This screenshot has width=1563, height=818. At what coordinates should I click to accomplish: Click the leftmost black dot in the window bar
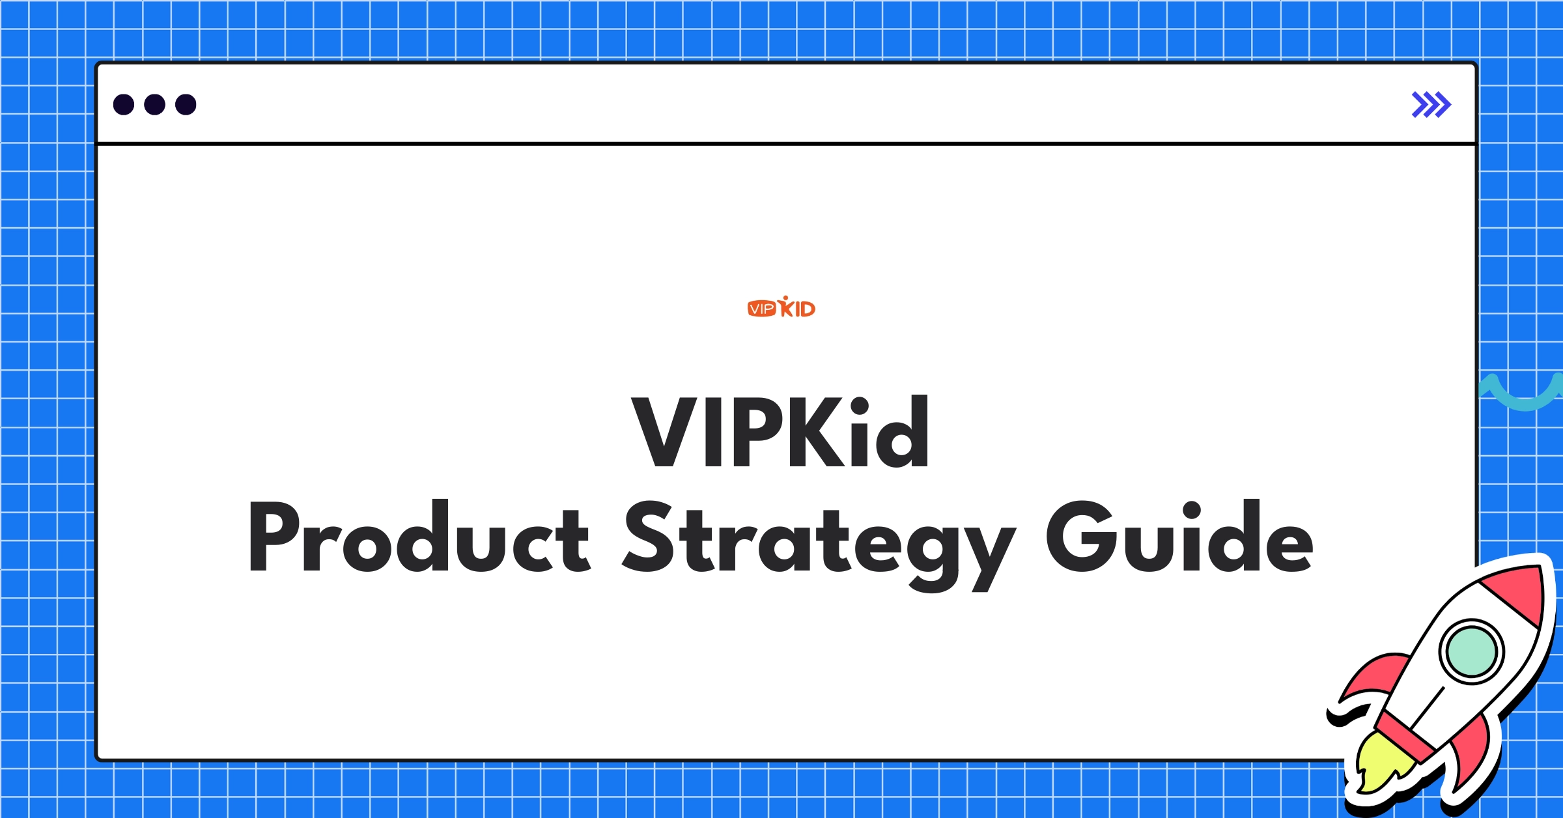124,104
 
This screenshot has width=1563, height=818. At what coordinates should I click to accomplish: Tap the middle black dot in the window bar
154,104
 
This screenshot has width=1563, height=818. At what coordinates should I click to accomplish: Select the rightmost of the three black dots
186,104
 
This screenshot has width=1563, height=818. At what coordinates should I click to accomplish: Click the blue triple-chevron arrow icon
1431,104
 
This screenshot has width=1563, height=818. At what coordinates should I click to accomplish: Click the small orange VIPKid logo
781,307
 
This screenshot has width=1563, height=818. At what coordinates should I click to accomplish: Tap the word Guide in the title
1179,537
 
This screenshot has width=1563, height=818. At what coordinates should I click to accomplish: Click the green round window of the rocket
1471,651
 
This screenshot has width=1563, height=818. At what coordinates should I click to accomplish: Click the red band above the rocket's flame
1407,737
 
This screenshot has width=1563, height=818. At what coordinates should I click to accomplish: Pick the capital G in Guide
1080,537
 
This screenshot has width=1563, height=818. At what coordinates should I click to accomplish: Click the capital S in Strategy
649,537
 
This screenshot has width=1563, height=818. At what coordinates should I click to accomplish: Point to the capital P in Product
274,537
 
